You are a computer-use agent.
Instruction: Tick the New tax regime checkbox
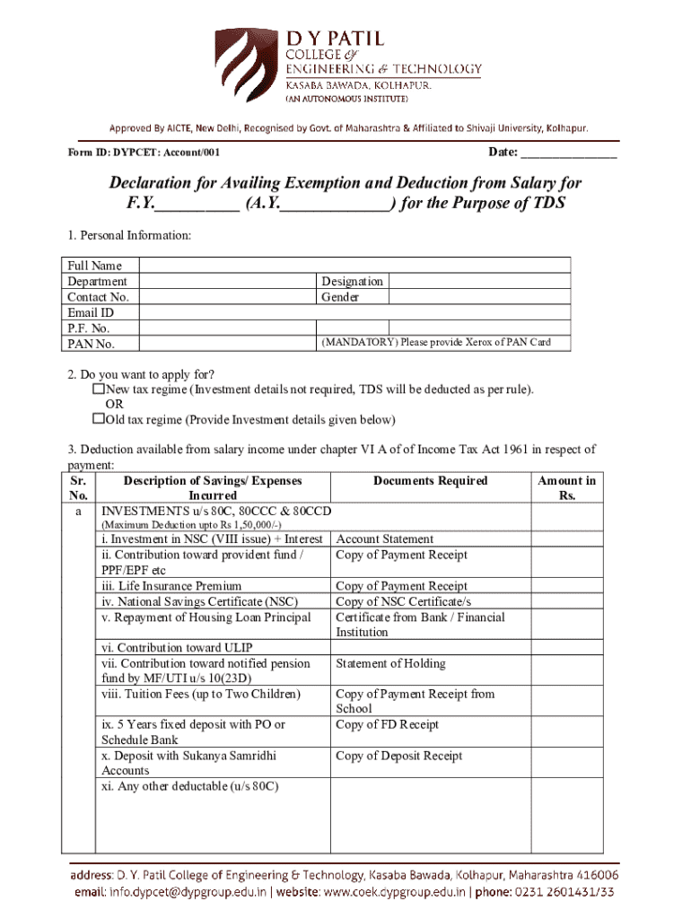click(x=99, y=389)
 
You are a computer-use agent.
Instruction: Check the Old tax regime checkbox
click(x=99, y=419)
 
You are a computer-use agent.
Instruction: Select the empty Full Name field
click(x=354, y=265)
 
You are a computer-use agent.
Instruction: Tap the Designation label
click(x=352, y=281)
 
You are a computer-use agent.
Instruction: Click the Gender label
click(x=340, y=296)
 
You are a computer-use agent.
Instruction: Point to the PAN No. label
click(x=91, y=344)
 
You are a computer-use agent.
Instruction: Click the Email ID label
click(x=91, y=312)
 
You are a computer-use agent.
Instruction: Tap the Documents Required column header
click(x=430, y=481)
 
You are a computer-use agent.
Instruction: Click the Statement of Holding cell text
click(x=390, y=664)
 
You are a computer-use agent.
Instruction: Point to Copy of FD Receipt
click(x=387, y=725)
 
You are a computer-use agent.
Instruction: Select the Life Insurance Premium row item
click(x=171, y=586)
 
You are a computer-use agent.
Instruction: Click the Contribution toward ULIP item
click(x=177, y=648)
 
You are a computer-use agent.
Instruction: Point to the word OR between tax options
click(x=115, y=404)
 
